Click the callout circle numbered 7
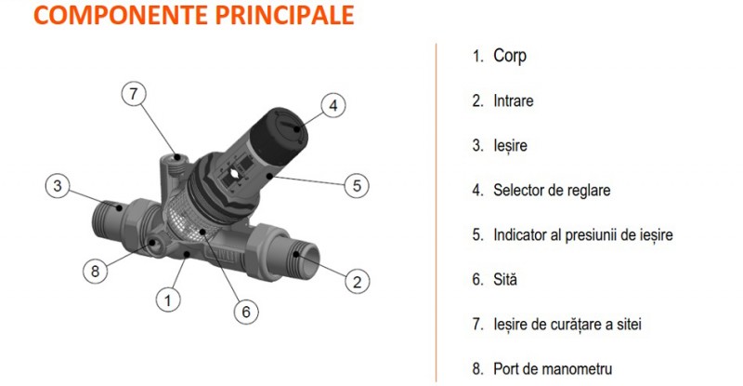click(134, 94)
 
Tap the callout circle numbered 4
click(333, 105)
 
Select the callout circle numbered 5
click(357, 185)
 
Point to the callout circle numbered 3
click(58, 185)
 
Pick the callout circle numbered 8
click(95, 271)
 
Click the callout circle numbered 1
click(168, 300)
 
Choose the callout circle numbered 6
click(246, 312)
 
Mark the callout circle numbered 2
click(357, 281)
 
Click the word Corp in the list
click(510, 56)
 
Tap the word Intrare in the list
click(514, 100)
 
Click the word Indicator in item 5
click(520, 234)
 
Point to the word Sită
click(505, 279)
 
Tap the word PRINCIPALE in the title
click(285, 15)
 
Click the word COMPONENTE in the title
click(122, 15)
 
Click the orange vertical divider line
click(436, 213)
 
